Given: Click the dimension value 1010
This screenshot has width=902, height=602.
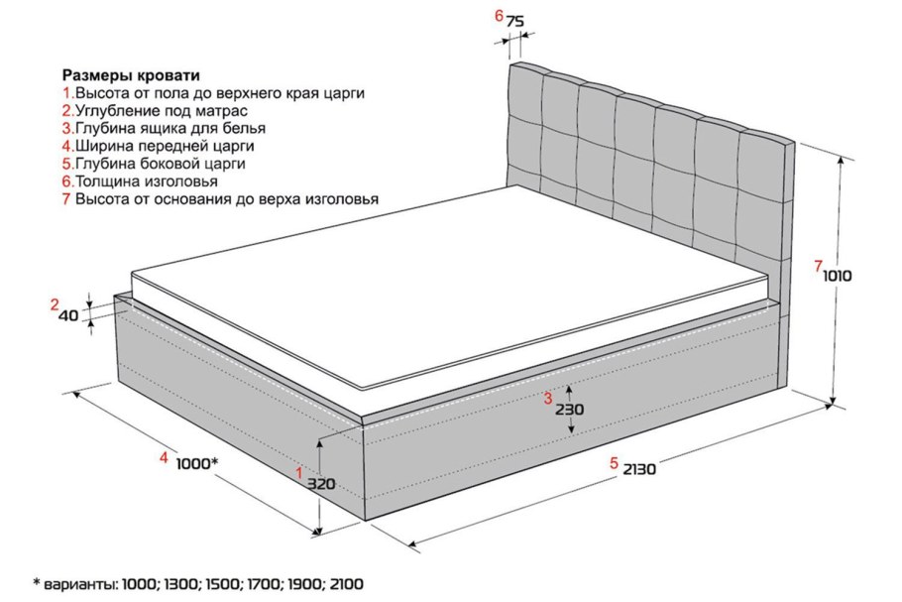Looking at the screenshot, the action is (837, 277).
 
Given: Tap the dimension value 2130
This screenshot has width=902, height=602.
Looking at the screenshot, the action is (639, 470).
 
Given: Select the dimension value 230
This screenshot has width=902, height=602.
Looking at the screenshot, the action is (569, 410).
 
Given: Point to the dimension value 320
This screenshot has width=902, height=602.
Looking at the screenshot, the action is (320, 484).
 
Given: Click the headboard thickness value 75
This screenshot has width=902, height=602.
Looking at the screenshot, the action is (514, 22).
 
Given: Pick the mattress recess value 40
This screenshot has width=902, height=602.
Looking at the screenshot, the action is (69, 315).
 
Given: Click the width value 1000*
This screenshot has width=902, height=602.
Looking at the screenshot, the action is (196, 463).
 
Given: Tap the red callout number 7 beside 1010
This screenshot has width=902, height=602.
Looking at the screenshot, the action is (818, 267).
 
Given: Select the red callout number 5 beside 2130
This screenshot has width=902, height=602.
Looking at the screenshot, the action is (615, 463).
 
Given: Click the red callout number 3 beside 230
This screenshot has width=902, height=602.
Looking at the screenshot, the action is (548, 398).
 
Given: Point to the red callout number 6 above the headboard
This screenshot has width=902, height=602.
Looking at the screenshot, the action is (499, 16).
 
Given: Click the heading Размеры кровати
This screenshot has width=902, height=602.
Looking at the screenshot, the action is (131, 75).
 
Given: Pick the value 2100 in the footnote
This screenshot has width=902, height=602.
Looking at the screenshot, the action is (347, 584).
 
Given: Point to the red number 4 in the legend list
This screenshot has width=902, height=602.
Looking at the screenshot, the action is (66, 146).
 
